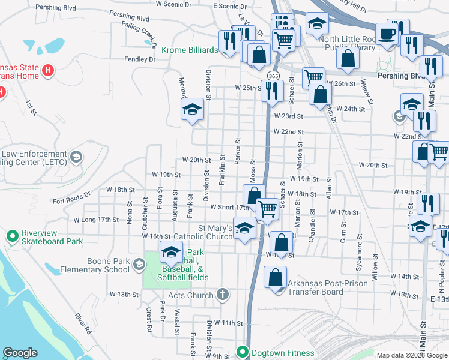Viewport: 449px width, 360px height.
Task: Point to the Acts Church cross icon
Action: tap(223, 295)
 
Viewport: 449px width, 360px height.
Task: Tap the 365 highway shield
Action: tap(273, 76)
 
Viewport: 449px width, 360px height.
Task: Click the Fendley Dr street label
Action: tap(140, 59)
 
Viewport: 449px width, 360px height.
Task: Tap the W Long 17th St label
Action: tap(96, 220)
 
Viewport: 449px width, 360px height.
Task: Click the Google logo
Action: tap(20, 353)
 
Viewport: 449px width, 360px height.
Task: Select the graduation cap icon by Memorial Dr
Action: tap(192, 109)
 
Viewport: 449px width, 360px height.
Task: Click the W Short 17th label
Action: tap(229, 208)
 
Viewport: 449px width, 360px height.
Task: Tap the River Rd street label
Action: tap(83, 323)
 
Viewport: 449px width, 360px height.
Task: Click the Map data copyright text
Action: tap(412, 355)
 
